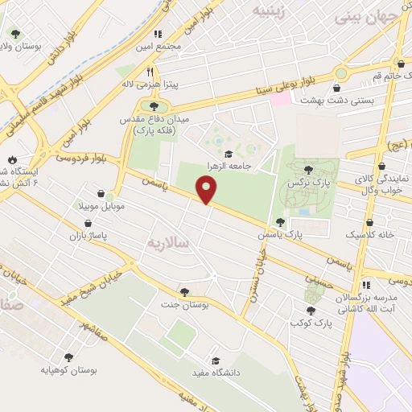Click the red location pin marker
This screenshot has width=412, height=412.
point(207,189)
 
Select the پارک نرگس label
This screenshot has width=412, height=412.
point(306,183)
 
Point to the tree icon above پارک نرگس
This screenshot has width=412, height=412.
point(308,170)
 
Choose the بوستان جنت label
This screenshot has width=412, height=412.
point(186,305)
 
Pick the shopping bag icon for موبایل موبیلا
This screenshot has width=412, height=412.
point(100,194)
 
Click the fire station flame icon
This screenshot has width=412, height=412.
point(12,159)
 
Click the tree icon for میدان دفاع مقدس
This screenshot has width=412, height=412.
point(154,105)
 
